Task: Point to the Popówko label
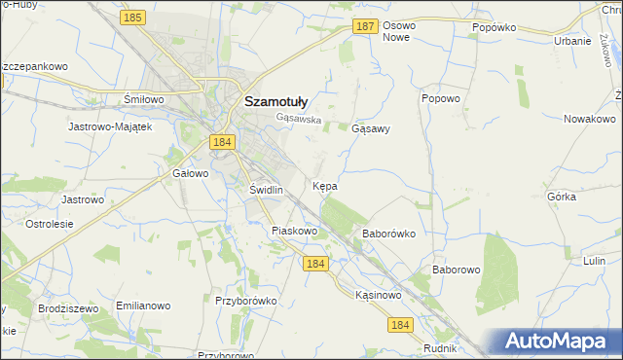click(x=493, y=28)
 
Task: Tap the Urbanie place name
click(x=572, y=41)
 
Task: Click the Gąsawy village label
click(x=370, y=128)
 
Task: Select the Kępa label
click(x=325, y=185)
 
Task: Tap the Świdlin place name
click(x=266, y=190)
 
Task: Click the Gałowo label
click(x=190, y=174)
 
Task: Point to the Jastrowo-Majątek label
click(x=110, y=126)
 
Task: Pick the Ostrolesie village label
click(x=50, y=224)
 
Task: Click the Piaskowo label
click(x=294, y=231)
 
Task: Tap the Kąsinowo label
click(x=379, y=294)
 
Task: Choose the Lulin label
click(x=594, y=261)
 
